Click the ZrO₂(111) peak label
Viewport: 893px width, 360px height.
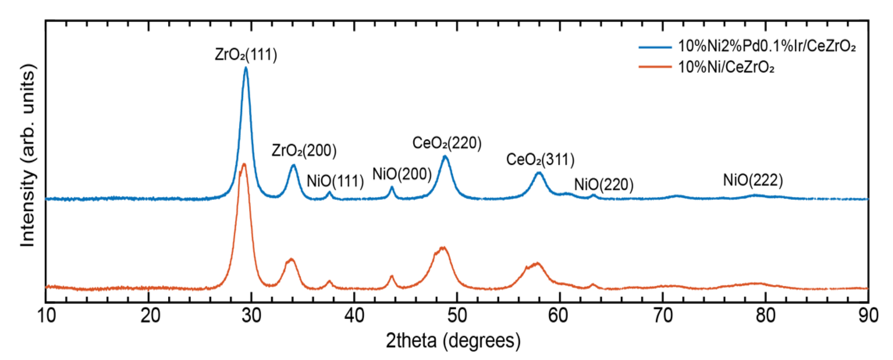click(x=246, y=55)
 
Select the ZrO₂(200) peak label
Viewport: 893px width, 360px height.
click(x=304, y=150)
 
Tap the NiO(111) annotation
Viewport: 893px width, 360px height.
click(x=335, y=181)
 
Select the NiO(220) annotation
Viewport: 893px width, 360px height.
click(x=603, y=184)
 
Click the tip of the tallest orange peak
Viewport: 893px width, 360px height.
click(x=244, y=164)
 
